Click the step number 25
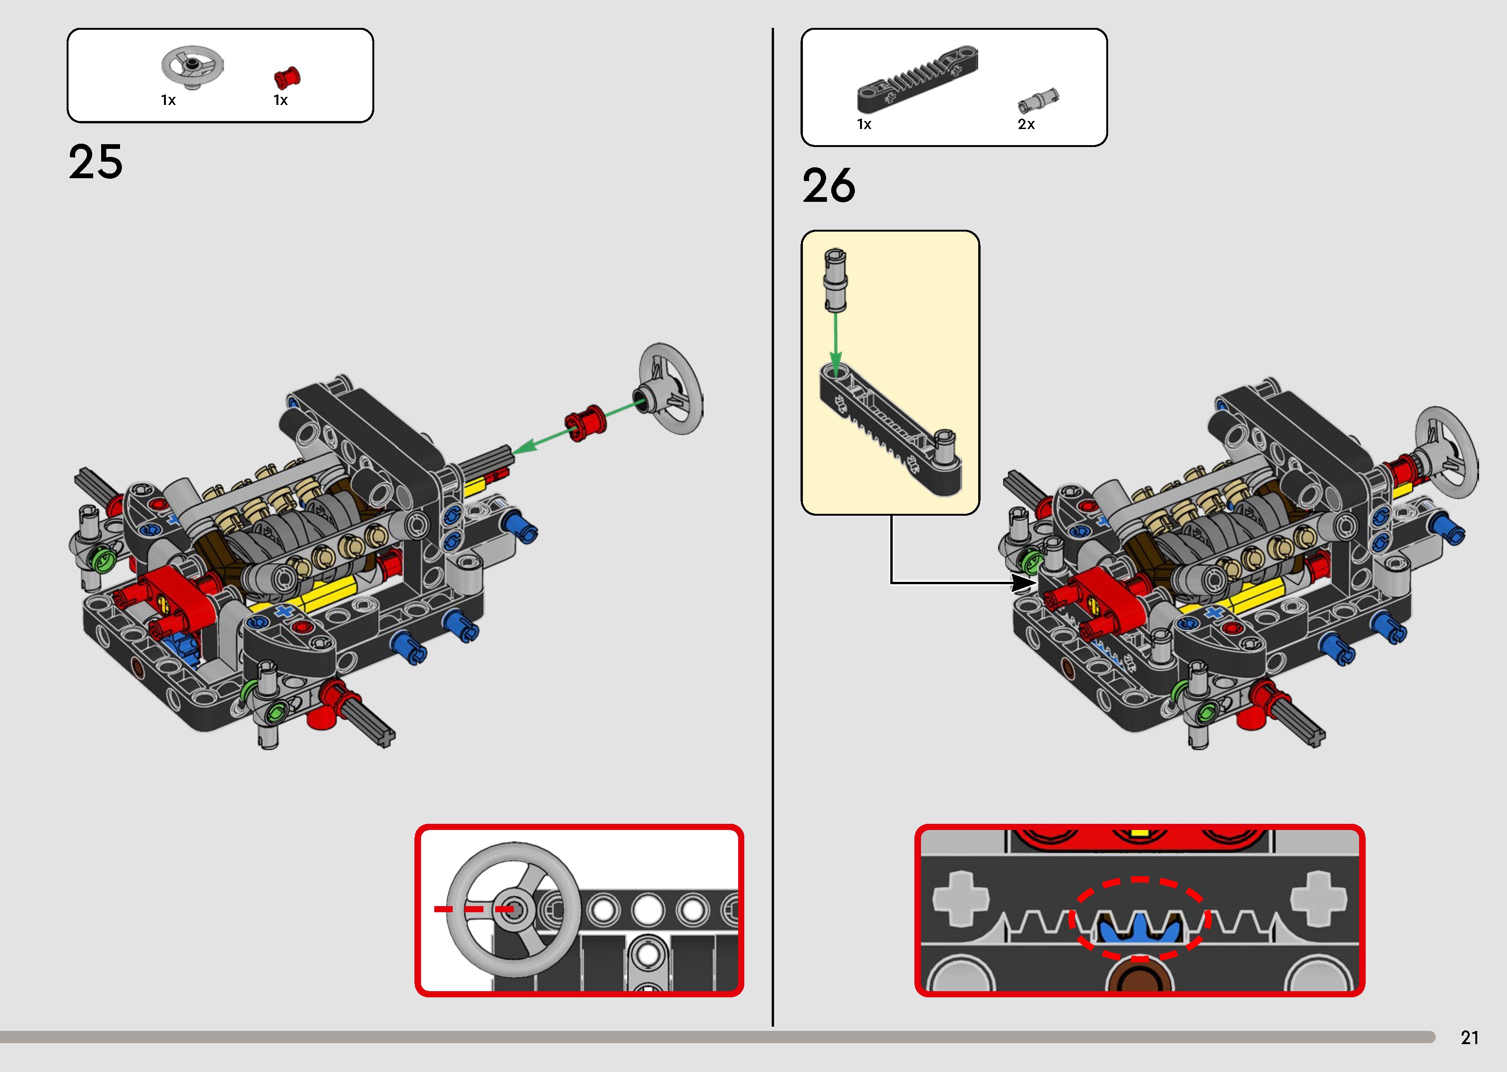95,163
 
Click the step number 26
829,186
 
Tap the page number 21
1469,1037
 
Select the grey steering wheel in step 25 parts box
191,67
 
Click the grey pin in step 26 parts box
1038,100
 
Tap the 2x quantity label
1026,124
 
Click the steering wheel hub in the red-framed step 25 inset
515,909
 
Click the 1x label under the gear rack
864,124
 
